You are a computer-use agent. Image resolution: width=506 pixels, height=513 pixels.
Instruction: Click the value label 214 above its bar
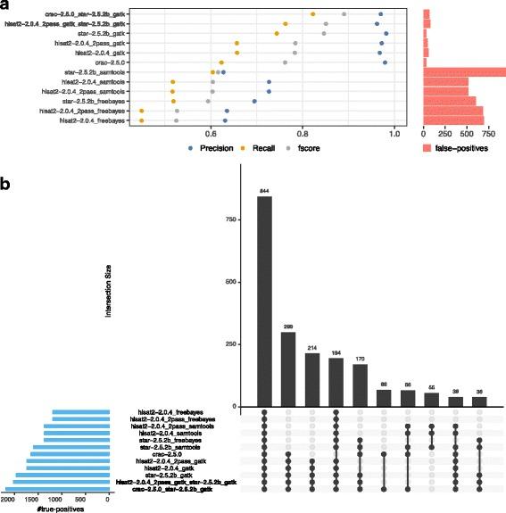pyautogui.click(x=311, y=346)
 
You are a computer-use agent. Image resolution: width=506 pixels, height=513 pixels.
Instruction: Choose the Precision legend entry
pyautogui.click(x=211, y=148)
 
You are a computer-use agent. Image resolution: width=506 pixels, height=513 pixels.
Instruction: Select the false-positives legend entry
pyautogui.click(x=456, y=148)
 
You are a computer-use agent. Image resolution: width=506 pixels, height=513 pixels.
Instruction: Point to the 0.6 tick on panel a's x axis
pyautogui.click(x=210, y=132)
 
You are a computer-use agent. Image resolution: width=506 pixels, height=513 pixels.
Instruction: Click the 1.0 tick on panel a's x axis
pyautogui.click(x=395, y=132)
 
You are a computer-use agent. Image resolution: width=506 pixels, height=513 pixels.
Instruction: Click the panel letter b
pyautogui.click(x=7, y=185)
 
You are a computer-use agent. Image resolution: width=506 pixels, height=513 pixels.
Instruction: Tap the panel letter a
pyautogui.click(x=7, y=7)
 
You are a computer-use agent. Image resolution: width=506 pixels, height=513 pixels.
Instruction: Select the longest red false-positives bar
pyautogui.click(x=464, y=71)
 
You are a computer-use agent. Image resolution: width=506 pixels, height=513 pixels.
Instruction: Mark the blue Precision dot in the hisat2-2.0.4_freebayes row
pyautogui.click(x=226, y=120)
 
